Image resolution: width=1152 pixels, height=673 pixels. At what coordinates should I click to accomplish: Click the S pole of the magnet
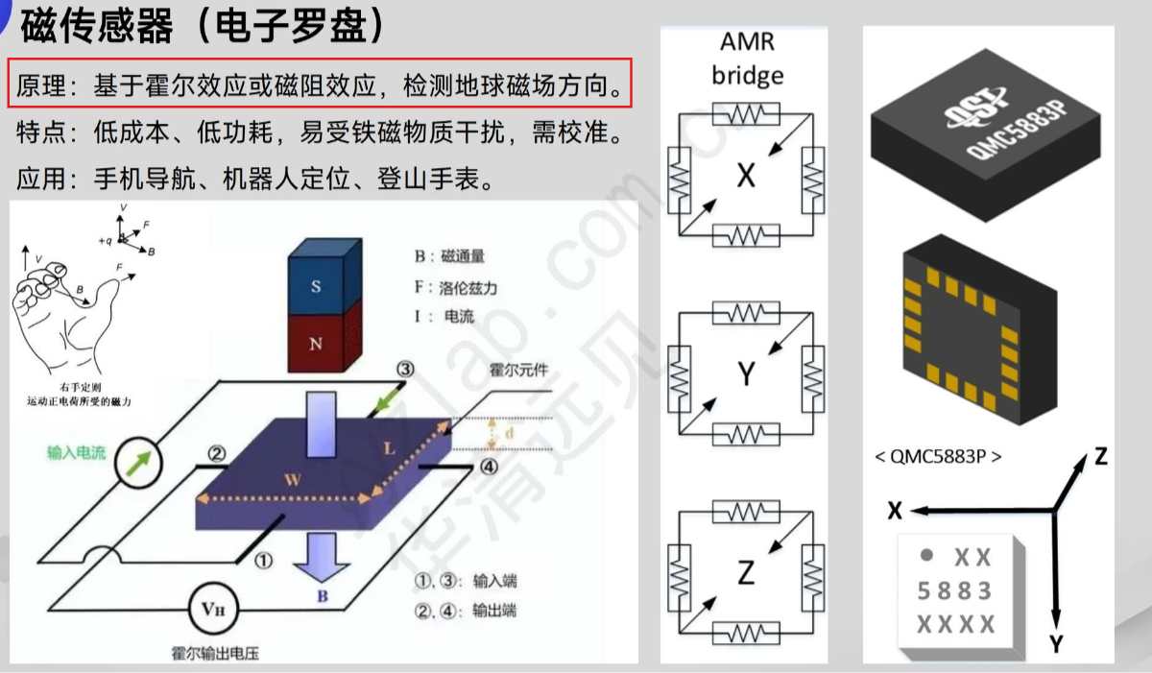[316, 286]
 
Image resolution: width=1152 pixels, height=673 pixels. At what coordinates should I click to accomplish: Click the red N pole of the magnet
[316, 343]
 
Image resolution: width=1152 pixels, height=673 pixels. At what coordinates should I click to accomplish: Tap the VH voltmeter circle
[213, 607]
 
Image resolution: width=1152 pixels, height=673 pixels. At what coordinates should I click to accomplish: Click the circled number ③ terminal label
[405, 369]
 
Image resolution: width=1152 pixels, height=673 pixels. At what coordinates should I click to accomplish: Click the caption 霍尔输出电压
[212, 654]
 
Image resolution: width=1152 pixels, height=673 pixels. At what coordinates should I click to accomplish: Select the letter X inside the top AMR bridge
[746, 175]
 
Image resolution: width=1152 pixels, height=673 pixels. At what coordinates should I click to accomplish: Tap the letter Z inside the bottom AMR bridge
[746, 573]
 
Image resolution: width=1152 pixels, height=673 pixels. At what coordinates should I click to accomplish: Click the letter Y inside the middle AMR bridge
[746, 374]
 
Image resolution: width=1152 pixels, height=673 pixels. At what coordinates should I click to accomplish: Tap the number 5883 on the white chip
[954, 590]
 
